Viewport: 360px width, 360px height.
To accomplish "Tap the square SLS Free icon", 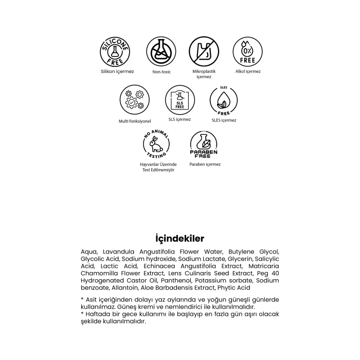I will coord(179,100).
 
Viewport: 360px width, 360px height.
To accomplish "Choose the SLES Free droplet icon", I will coord(223,100).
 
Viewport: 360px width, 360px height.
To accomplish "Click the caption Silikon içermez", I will coord(117,71).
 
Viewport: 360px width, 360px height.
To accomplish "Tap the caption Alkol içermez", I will coord(247,71).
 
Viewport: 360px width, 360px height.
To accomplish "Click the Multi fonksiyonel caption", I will coord(135,121).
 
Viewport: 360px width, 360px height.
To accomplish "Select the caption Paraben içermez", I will coord(205,165).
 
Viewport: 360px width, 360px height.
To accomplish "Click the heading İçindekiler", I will coord(180,239).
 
